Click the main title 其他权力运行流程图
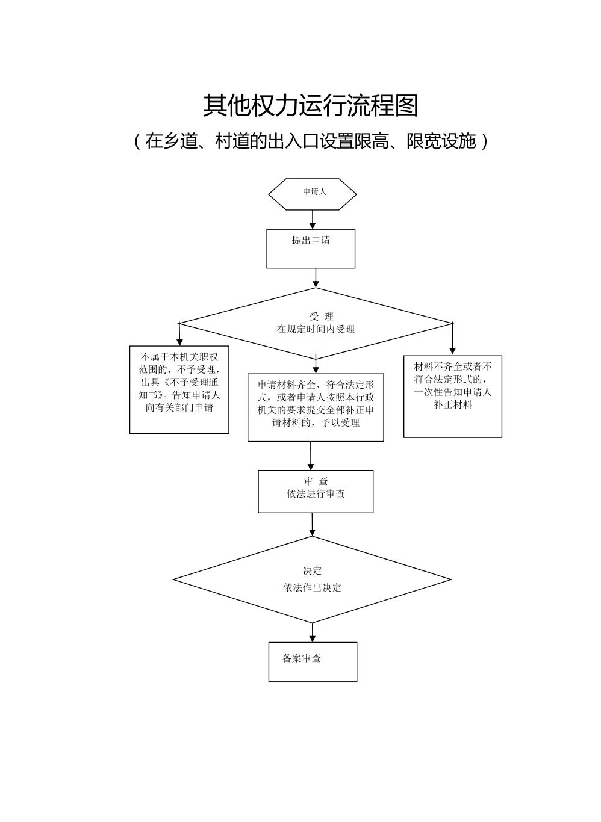coord(310,106)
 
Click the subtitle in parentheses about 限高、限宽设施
coord(310,141)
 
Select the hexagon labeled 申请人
coord(313,194)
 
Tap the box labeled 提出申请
coord(311,248)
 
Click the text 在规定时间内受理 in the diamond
coord(316,329)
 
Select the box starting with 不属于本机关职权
coord(179,389)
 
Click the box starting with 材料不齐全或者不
coord(452,396)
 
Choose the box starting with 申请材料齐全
coord(316,407)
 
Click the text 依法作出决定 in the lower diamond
coord(312,588)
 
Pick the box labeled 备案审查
coord(313,661)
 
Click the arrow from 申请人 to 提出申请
coord(313,220)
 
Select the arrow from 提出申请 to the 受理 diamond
coord(316,278)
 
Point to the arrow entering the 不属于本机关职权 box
coord(179,335)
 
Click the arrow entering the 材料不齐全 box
coord(452,340)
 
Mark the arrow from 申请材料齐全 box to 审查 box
coord(311,456)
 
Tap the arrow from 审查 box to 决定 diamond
coord(312,525)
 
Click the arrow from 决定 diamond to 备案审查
coord(313,632)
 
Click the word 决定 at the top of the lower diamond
coord(312,571)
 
